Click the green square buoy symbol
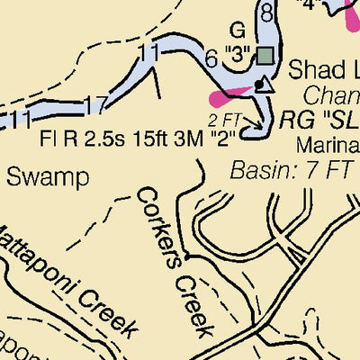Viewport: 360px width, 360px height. pos(264,56)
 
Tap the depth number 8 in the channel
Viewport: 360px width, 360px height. pos(266,13)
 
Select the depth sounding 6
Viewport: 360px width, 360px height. pos(211,59)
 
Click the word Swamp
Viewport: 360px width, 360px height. pos(49,176)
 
